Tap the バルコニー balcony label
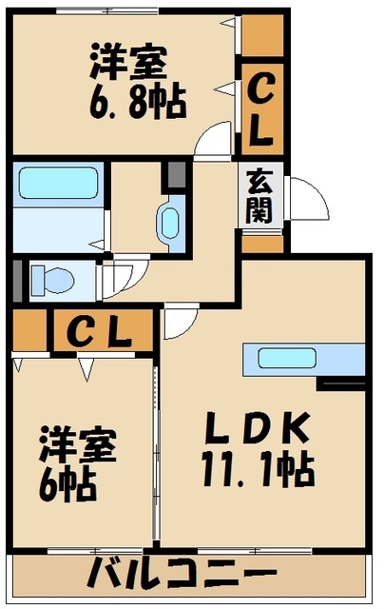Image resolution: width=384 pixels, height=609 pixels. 182,573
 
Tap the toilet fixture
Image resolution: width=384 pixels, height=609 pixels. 52,280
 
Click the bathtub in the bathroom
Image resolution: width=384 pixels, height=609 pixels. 58,183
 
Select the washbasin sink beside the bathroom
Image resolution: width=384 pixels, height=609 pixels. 169,224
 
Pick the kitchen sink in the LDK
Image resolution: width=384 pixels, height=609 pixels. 287,358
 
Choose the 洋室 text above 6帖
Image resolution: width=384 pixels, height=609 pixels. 78,444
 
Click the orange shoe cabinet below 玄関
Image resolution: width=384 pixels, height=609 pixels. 262,244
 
